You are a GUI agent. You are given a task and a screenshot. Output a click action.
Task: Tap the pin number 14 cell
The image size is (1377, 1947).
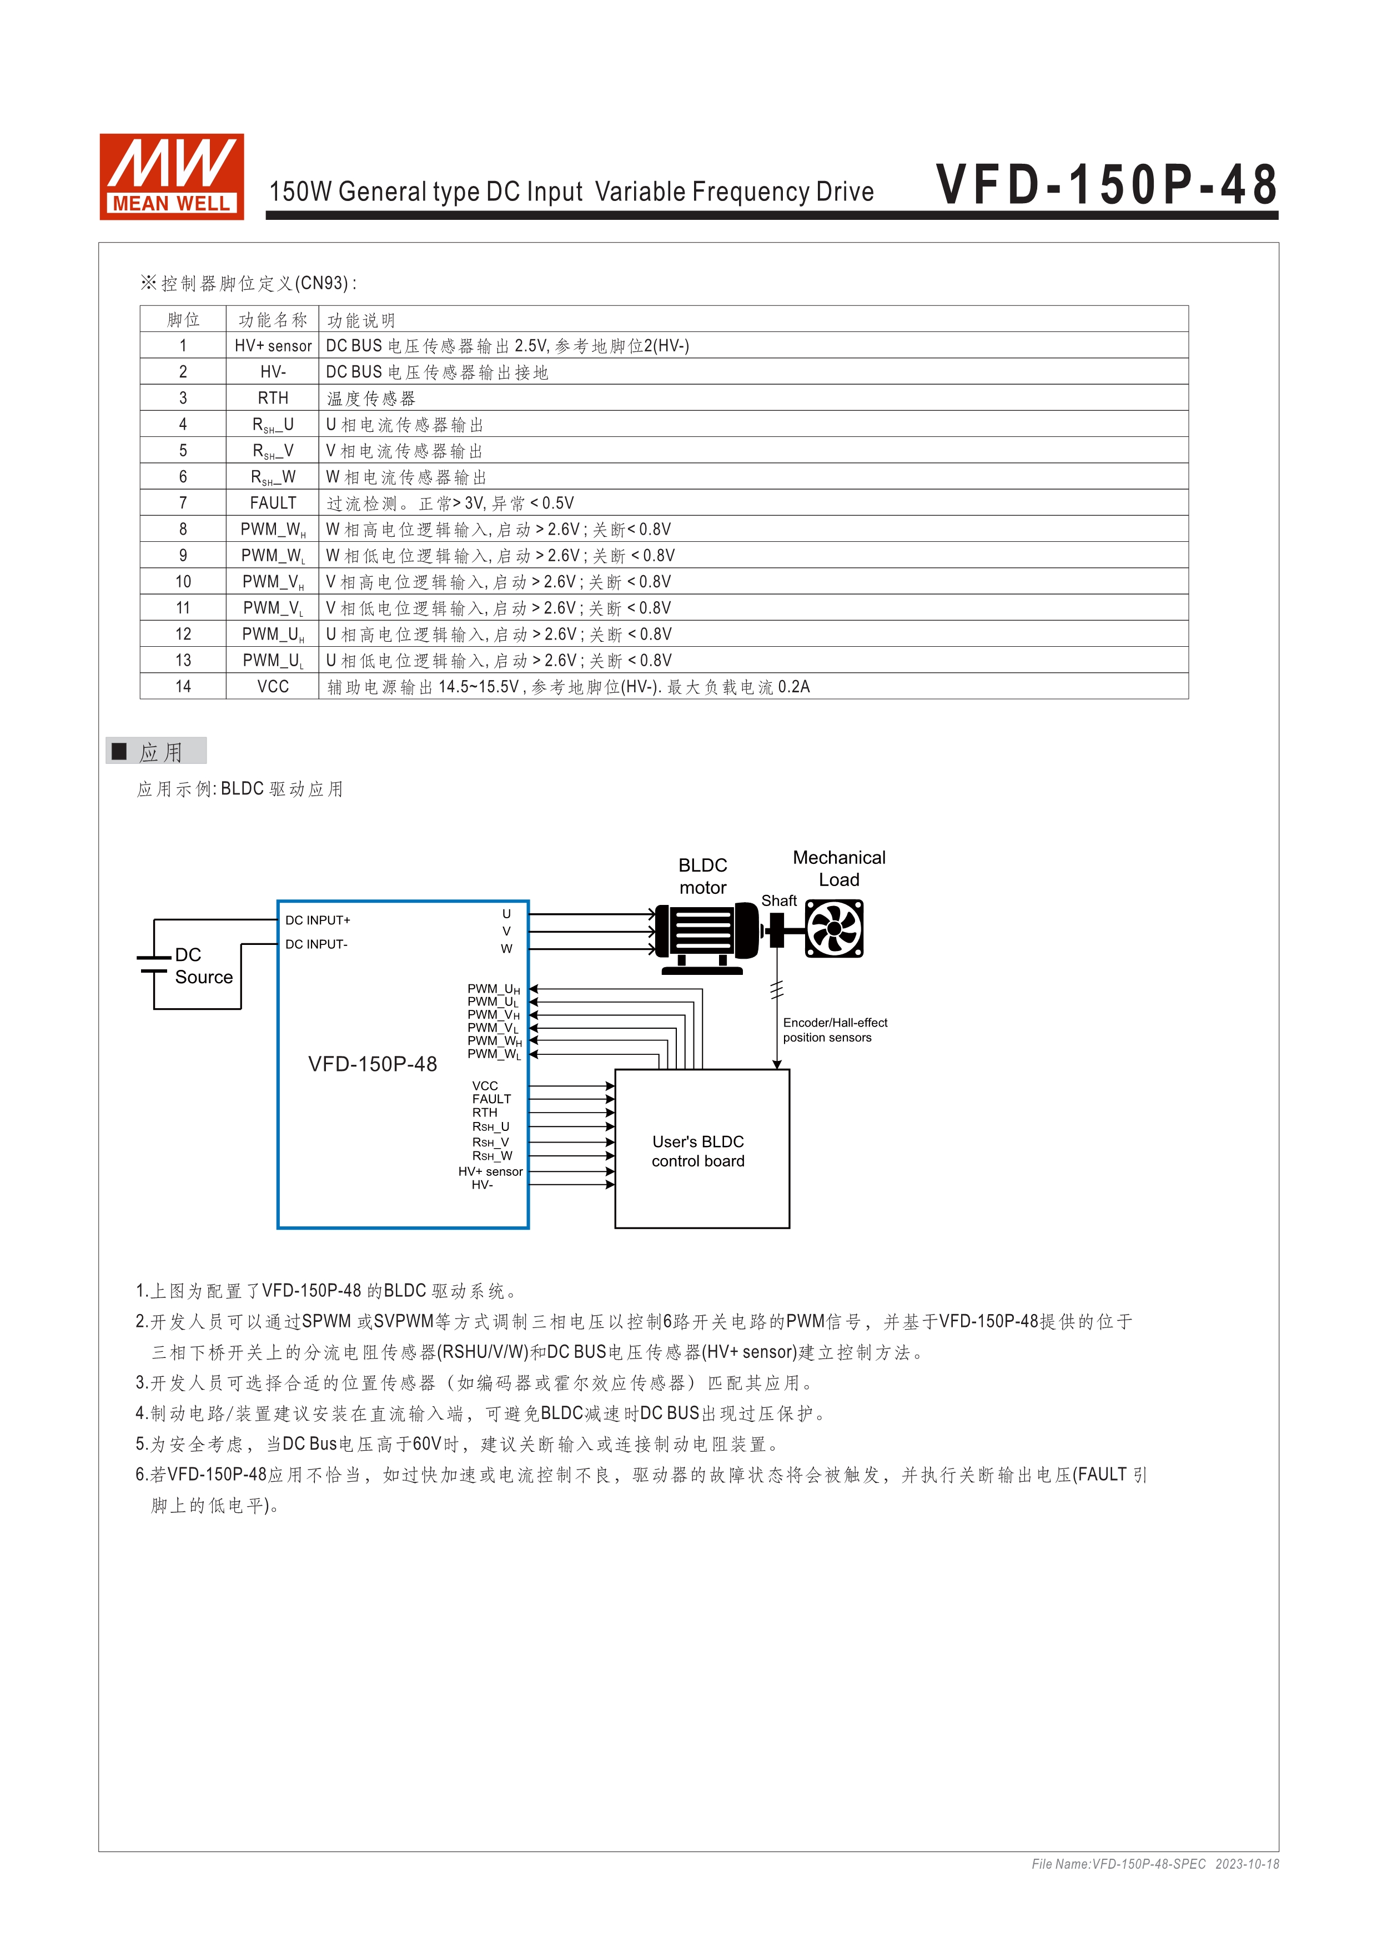pos(183,687)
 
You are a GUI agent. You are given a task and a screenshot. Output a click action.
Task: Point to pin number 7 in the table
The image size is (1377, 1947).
pos(183,503)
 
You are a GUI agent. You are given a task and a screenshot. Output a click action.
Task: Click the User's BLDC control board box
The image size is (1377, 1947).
pos(701,1150)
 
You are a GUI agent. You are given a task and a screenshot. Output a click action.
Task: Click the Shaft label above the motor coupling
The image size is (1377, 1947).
pos(778,900)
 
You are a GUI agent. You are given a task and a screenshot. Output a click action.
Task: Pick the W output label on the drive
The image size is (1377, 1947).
pos(506,949)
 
